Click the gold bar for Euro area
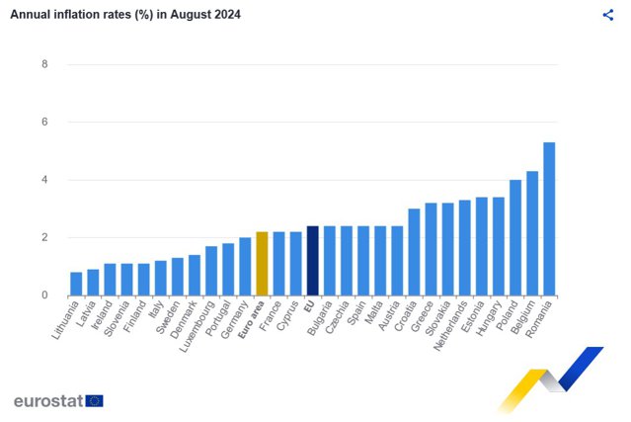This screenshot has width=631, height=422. click(262, 264)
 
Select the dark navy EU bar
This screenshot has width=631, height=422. click(313, 261)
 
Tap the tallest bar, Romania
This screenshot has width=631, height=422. click(549, 219)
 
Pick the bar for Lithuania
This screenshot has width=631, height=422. click(76, 284)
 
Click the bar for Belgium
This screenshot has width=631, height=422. click(532, 233)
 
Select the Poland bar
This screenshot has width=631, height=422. click(515, 238)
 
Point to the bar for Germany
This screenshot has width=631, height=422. click(245, 267)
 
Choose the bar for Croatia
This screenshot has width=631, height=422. click(414, 252)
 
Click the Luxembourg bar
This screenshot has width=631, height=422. click(211, 271)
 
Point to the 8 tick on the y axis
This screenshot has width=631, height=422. click(44, 64)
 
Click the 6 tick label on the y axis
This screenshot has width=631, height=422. click(44, 122)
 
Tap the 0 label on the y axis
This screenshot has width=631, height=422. click(44, 295)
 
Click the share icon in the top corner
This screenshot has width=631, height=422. click(608, 15)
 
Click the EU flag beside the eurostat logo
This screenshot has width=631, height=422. click(94, 401)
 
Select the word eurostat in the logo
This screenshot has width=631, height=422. click(48, 401)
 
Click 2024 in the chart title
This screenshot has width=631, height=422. click(227, 15)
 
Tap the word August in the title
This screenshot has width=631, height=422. click(191, 15)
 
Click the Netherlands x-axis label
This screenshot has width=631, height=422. click(450, 326)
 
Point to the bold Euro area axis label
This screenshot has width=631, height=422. click(252, 319)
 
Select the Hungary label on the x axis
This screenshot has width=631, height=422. click(490, 318)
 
